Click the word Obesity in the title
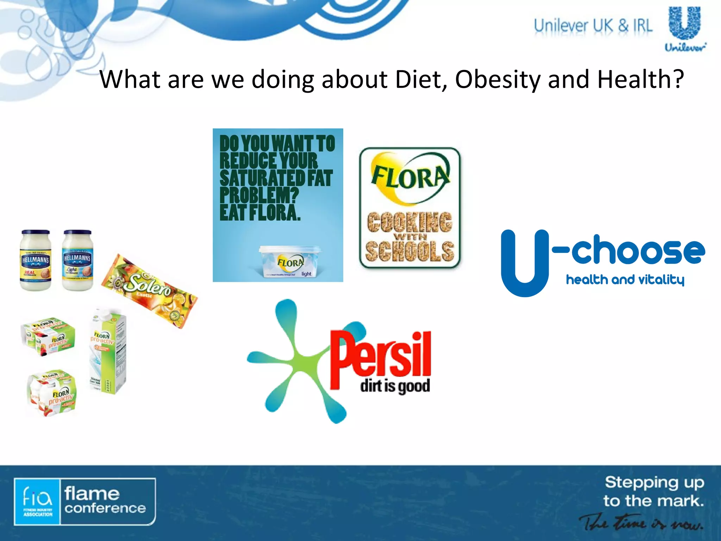coord(497,79)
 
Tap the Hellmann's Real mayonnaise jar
coord(36,261)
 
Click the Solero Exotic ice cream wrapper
coord(149,291)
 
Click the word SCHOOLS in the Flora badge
coord(409,251)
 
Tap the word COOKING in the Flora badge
coord(409,222)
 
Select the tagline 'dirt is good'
coord(395,386)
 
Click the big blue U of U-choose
coord(525,262)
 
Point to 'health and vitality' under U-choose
coord(625,280)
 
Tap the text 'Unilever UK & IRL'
coord(593,26)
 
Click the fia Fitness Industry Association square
coord(37,502)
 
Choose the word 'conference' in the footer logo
coord(105,508)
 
